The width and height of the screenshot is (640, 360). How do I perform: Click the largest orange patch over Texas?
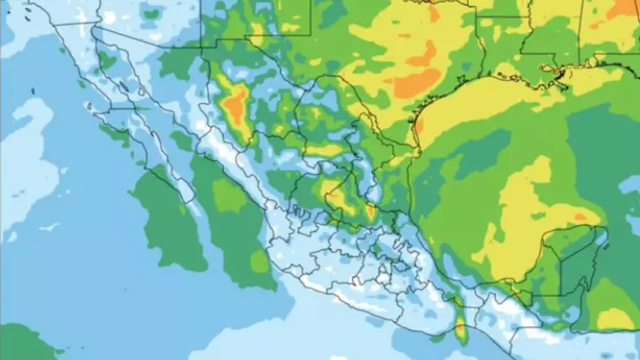(x=418, y=83)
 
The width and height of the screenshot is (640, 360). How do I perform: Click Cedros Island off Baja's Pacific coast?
(x=89, y=106)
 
